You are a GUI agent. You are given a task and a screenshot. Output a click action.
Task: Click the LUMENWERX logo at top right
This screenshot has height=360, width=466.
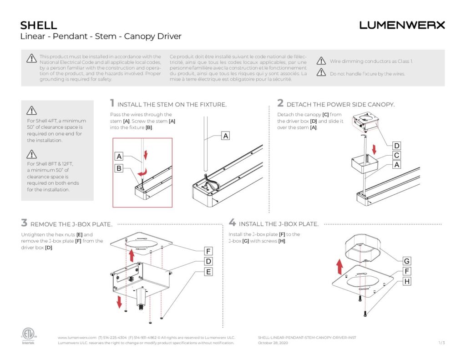[x=402, y=25]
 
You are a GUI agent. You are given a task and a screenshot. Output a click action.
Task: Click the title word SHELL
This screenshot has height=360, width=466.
[x=39, y=25]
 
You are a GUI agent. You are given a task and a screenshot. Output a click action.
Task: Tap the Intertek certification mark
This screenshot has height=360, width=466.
[x=28, y=336]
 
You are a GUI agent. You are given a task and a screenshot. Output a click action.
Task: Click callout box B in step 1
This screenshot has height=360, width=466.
[x=119, y=168]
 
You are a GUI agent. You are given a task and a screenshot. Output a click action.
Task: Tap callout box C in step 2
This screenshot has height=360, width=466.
[x=397, y=155]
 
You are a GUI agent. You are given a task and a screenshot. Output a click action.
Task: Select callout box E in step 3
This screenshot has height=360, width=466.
[x=208, y=272]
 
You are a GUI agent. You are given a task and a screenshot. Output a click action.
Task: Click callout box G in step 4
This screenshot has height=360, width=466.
[x=407, y=261]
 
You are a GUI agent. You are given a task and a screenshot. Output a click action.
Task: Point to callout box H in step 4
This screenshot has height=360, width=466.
[x=407, y=282]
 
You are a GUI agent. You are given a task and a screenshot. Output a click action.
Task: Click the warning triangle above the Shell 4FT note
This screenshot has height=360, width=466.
[x=31, y=110]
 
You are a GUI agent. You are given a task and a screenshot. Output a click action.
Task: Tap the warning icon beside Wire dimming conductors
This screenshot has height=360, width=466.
[x=321, y=61]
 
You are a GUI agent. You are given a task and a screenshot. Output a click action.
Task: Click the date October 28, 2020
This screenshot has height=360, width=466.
[x=273, y=343]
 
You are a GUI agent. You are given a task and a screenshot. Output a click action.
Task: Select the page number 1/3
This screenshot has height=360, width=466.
[x=441, y=343]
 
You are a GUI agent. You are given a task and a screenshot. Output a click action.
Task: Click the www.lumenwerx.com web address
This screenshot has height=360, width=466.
[x=77, y=337]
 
